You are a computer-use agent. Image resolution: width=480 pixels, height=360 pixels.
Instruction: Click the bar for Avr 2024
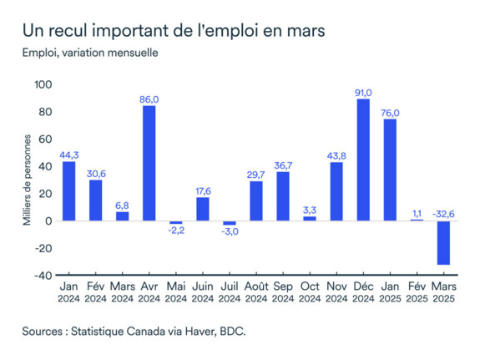tap(149, 164)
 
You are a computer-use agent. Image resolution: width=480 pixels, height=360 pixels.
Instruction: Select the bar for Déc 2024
tap(363, 160)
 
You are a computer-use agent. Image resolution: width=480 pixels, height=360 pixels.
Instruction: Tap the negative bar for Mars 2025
tap(444, 243)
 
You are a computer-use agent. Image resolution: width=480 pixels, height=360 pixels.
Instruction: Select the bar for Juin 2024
tap(203, 209)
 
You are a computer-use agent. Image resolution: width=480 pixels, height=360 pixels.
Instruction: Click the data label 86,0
tap(149, 99)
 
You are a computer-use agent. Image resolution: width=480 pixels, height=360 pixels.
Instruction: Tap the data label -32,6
tap(444, 214)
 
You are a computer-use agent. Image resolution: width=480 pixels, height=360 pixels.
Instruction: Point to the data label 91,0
tap(363, 92)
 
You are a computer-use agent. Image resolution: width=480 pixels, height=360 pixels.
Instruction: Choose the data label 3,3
tap(310, 210)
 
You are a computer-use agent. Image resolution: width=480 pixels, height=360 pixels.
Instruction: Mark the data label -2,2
tap(175, 231)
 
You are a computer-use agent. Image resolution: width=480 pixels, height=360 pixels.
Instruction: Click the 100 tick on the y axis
tap(43, 85)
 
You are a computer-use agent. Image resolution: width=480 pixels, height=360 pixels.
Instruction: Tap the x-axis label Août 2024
tap(256, 292)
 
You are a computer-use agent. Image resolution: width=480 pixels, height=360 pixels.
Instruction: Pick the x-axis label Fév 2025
tap(417, 292)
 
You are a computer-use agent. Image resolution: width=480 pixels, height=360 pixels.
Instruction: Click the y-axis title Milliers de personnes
tap(27, 180)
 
